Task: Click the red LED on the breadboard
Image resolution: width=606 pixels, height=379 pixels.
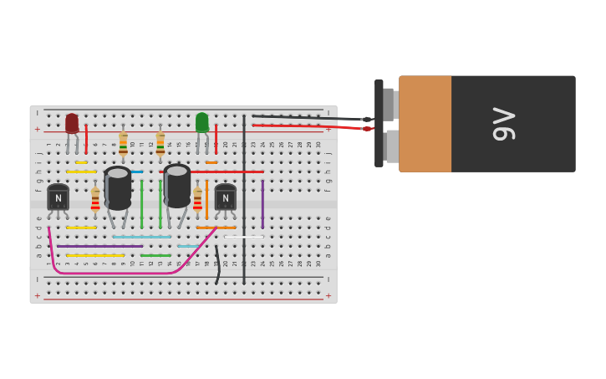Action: (72, 123)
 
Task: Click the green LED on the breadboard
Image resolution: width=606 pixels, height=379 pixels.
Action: (201, 122)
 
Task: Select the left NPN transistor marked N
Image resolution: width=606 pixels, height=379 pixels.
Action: (58, 197)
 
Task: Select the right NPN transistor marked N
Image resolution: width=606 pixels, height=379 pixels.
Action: (225, 197)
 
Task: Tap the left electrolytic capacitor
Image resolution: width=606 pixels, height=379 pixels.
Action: (118, 188)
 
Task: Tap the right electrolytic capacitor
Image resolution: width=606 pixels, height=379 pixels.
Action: (177, 186)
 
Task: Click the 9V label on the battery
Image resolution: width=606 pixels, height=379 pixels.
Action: (504, 124)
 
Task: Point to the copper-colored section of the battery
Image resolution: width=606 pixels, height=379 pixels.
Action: (425, 124)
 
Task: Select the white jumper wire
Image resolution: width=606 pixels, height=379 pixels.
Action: (243, 237)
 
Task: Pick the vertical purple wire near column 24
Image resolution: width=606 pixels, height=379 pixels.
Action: (262, 204)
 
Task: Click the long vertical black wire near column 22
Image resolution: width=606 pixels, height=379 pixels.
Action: (244, 201)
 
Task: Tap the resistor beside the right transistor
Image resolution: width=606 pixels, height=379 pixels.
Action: (197, 199)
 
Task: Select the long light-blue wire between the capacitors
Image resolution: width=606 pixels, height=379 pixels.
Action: (141, 237)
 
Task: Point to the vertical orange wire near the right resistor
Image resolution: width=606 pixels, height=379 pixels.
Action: (206, 201)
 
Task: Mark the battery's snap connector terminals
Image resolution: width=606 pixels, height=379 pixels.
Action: (390, 124)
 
